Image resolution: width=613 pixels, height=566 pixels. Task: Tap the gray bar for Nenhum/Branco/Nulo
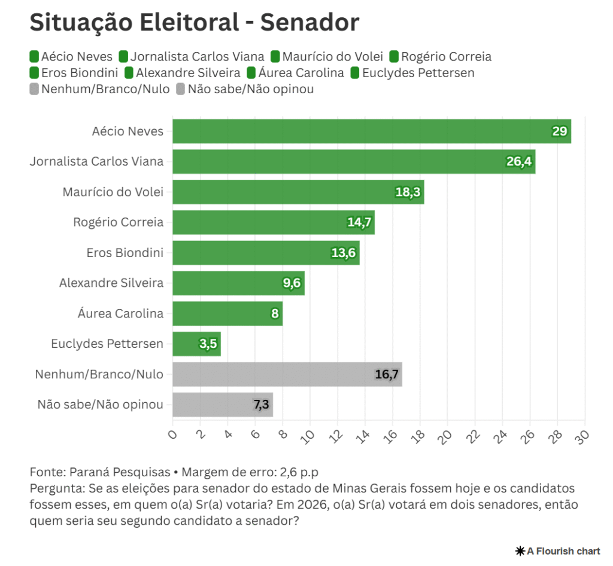287,374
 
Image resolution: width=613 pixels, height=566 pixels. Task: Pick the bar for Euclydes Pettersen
196,344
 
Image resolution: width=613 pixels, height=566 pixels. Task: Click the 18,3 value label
408,192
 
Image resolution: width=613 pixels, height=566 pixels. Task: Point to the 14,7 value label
359,222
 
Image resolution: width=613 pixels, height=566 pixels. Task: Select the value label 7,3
261,405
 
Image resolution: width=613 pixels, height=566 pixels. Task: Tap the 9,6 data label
292,283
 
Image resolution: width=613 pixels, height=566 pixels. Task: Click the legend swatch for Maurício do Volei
275,57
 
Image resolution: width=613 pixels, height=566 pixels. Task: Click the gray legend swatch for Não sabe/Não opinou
181,89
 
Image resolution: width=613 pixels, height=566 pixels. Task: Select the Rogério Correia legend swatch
394,57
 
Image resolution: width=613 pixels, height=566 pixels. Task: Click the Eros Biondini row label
125,253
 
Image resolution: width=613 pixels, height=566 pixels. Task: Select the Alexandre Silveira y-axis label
111,283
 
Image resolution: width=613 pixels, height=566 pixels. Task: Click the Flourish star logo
520,550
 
